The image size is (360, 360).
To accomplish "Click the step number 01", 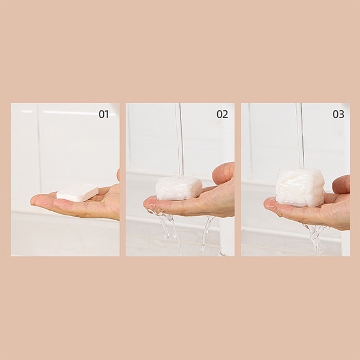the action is tap(104, 114).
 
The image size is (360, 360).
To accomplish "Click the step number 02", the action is tap(222, 114).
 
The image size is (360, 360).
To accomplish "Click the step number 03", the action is tap(338, 114).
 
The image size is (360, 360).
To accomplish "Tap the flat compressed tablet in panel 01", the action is tap(77, 193).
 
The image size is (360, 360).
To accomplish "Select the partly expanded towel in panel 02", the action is tap(179, 188).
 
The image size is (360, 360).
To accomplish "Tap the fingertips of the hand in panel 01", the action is tap(37, 200).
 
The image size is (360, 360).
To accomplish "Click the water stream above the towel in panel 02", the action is tap(180, 140).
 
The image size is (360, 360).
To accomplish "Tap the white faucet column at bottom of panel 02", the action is tap(226, 236).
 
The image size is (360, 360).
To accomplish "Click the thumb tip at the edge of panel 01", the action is tap(118, 175).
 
